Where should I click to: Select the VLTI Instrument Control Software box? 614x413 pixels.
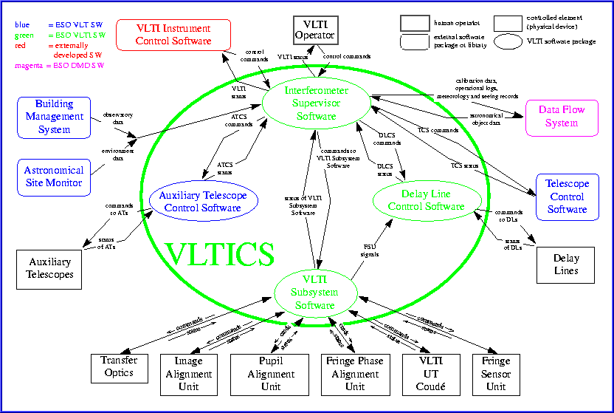(x=173, y=35)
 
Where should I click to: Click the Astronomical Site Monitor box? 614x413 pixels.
(x=54, y=176)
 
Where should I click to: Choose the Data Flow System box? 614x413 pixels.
(x=562, y=117)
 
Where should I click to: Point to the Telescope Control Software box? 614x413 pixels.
(x=567, y=197)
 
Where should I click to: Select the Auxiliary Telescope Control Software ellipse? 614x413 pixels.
(x=202, y=202)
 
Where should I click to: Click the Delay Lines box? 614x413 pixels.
(x=567, y=264)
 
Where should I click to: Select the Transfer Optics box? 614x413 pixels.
(x=118, y=366)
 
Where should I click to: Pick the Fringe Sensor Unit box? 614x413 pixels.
(x=496, y=374)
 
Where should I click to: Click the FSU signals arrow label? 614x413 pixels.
(x=372, y=250)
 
